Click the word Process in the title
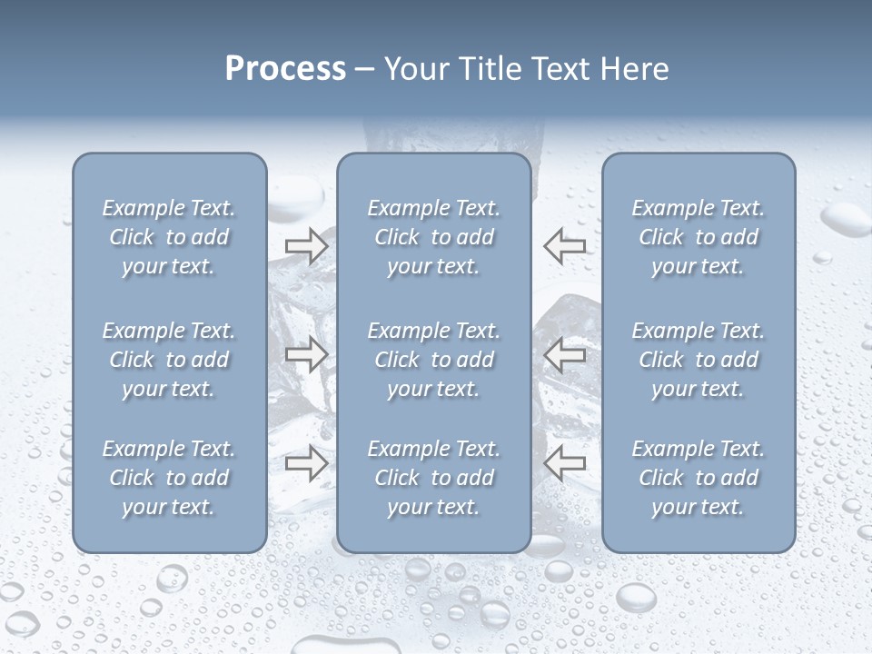(285, 69)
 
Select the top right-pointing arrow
(306, 245)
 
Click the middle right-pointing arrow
(306, 354)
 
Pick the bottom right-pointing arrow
(306, 463)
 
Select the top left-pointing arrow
(565, 245)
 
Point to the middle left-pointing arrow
(565, 354)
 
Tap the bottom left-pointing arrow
(565, 463)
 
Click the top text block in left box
(169, 237)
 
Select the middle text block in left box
(169, 360)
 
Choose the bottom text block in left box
(169, 478)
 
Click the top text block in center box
(434, 237)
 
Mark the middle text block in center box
(434, 360)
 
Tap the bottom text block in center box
(434, 478)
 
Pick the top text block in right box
(699, 237)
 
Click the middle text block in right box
(699, 360)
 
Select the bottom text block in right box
(699, 478)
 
